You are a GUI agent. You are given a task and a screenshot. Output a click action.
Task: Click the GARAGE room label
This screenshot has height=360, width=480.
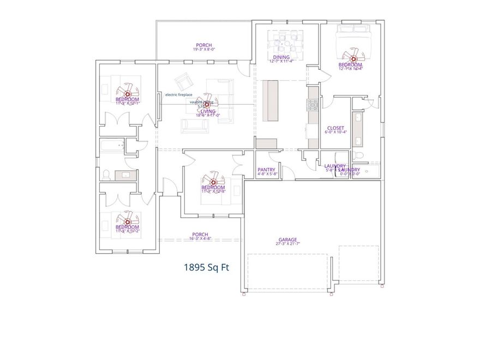pyautogui.click(x=287, y=239)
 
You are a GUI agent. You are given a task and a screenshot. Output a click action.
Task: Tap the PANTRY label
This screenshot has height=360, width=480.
pyautogui.click(x=267, y=170)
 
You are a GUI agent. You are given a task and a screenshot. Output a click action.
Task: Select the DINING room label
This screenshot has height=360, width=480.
pyautogui.click(x=281, y=57)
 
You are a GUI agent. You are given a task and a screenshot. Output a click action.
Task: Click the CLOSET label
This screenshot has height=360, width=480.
pyautogui.click(x=335, y=128)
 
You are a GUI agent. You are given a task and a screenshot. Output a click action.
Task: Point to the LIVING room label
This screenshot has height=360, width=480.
pyautogui.click(x=208, y=111)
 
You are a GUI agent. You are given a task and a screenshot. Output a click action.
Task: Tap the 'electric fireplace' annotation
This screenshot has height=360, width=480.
pyautogui.click(x=179, y=94)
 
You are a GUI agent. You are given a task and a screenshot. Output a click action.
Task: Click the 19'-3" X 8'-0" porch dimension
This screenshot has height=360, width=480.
pyautogui.click(x=203, y=50)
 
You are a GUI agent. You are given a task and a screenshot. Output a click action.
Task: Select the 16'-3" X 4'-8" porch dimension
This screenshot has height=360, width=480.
pyautogui.click(x=200, y=238)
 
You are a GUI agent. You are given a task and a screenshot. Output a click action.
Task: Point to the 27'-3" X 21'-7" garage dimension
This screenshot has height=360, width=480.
pyautogui.click(x=287, y=244)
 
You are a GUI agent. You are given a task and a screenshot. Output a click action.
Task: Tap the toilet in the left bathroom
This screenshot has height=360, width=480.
pyautogui.click(x=106, y=175)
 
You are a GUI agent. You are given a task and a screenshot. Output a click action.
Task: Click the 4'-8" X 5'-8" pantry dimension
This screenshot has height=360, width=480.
pyautogui.click(x=267, y=175)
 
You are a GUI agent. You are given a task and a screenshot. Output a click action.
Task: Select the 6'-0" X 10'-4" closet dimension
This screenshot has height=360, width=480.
pyautogui.click(x=335, y=133)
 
